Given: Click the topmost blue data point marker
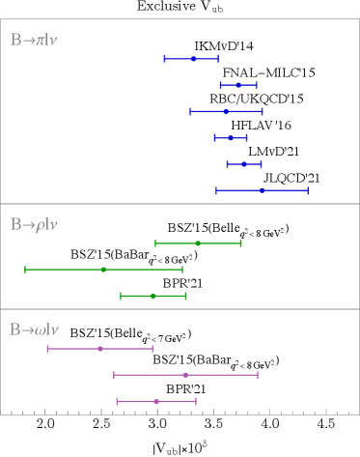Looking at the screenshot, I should pyautogui.click(x=193, y=59).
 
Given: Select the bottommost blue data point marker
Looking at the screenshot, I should pyautogui.click(x=262, y=190).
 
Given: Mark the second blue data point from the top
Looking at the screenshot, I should pyautogui.click(x=238, y=85).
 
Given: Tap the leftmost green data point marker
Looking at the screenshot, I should pyautogui.click(x=103, y=270).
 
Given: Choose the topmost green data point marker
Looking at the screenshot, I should pyautogui.click(x=198, y=243).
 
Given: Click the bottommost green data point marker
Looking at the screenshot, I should pyautogui.click(x=152, y=296).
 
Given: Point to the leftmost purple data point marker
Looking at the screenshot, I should pyautogui.click(x=100, y=348).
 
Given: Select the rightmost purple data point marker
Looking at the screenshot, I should pyautogui.click(x=185, y=375).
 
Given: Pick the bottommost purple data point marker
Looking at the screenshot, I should pyautogui.click(x=156, y=401).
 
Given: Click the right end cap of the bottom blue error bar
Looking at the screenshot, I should pyautogui.click(x=308, y=190).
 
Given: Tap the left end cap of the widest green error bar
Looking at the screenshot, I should pyautogui.click(x=25, y=270).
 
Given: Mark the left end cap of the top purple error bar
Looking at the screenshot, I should pyautogui.click(x=47, y=348).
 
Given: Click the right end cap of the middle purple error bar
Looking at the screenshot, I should pyautogui.click(x=258, y=375).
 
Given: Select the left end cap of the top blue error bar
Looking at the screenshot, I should pyautogui.click(x=164, y=59).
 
